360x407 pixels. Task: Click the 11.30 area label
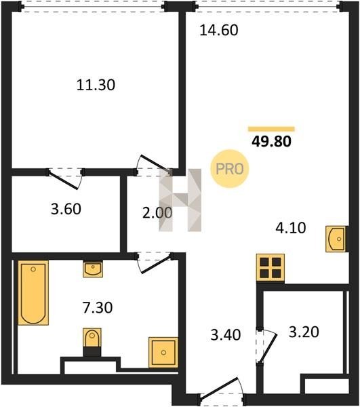click(x=96, y=85)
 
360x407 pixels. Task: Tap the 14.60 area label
click(x=219, y=30)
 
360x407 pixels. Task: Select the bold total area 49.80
click(x=271, y=142)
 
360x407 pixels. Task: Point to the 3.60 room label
click(x=66, y=209)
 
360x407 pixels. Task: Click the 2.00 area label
click(x=157, y=213)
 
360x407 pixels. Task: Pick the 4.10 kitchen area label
click(x=290, y=228)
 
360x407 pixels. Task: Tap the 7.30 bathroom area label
click(x=98, y=307)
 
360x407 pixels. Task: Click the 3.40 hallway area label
click(x=226, y=334)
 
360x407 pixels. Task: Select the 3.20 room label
click(x=304, y=332)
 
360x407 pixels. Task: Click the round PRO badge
click(x=230, y=169)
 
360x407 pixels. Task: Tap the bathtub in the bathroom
click(x=33, y=293)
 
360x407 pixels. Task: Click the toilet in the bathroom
click(x=92, y=342)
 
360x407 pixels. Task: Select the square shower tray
click(x=163, y=352)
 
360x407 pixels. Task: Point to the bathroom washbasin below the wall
click(x=93, y=269)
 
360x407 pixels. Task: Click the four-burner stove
click(x=271, y=268)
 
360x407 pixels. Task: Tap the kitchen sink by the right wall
click(x=336, y=239)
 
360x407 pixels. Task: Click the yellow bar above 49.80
click(x=271, y=129)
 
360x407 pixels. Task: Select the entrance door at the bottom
click(x=221, y=390)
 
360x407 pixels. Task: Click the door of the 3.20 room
click(x=268, y=346)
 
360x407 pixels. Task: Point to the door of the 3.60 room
click(x=65, y=179)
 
